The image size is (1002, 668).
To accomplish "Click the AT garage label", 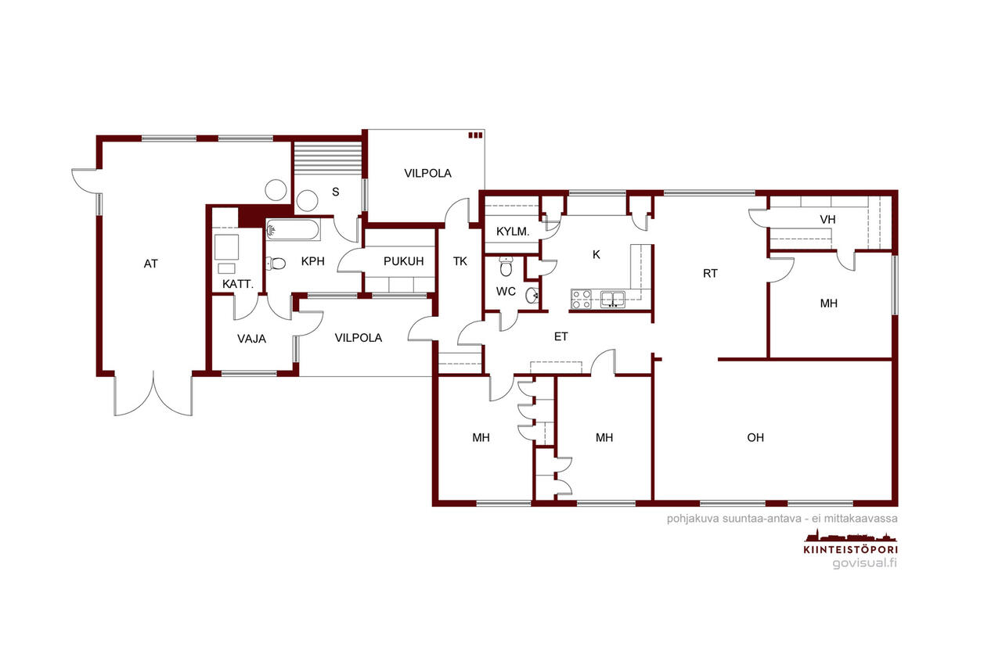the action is pos(151,264).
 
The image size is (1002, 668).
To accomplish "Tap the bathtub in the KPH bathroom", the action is pos(293,230).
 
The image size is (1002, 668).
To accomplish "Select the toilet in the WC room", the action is pos(506,267).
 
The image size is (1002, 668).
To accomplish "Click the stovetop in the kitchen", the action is pos(582,299).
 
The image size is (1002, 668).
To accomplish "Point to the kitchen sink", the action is pos(613,299).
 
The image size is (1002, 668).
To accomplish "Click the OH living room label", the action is pos(755,437).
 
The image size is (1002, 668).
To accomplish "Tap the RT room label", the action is pos(710,273).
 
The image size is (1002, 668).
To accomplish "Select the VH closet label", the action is pos(827,220).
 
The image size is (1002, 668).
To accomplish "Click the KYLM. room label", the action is pos(513,232).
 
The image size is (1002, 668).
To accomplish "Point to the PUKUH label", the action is pos(403,261).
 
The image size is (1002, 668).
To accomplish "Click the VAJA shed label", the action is pos(251,339).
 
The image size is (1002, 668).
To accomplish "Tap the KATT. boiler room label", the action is pos(237,284).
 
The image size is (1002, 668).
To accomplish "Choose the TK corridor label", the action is pos(460,261).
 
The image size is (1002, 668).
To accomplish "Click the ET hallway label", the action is pos(561,336).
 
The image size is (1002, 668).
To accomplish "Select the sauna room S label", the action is pos(336,192).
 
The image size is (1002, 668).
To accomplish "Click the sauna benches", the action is pos(328,159).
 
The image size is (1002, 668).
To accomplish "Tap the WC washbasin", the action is pos(532,296).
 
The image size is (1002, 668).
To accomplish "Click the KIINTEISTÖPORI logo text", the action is pos(850,550).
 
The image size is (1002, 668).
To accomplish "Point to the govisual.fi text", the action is pos(864,563).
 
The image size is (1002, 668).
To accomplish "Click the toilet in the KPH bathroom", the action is pos(276,264).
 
